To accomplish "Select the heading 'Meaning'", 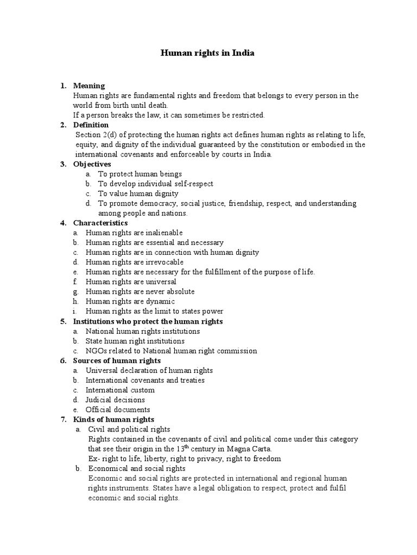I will point(89,86).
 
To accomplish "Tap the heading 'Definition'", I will point(91,125).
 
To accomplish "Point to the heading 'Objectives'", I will point(92,164).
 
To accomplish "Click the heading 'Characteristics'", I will point(100,223).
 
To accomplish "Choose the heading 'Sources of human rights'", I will point(117,360).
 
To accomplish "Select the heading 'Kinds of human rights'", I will point(113,420).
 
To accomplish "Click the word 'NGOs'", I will point(96,351).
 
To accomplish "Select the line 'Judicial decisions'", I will point(115,400).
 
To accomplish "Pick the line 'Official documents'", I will point(118,410).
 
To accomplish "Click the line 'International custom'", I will point(120,390).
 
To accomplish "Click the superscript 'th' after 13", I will point(192,446).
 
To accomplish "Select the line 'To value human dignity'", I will point(138,193).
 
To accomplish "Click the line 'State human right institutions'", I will point(135,341).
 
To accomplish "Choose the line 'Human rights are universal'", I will point(131,282).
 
